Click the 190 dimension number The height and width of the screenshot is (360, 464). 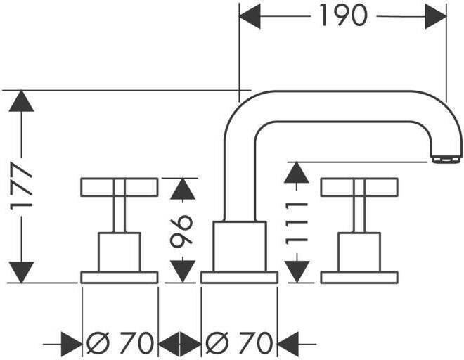tap(343, 15)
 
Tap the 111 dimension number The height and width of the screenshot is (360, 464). tap(298, 219)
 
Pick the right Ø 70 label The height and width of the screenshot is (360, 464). tap(239, 344)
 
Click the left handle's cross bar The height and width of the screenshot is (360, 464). tap(120, 187)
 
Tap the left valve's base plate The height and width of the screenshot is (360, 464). tap(120, 277)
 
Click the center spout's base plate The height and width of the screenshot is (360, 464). tap(239, 277)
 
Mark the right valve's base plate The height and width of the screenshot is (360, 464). tap(359, 277)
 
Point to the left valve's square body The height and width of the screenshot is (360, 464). tap(120, 250)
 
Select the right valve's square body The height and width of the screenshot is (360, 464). tap(359, 250)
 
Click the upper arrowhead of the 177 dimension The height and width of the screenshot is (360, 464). tap(22, 102)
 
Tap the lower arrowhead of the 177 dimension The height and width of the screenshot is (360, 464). tap(22, 271)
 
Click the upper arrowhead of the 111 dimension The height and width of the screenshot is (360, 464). tap(298, 172)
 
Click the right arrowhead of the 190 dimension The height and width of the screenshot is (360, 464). tap(436, 15)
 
